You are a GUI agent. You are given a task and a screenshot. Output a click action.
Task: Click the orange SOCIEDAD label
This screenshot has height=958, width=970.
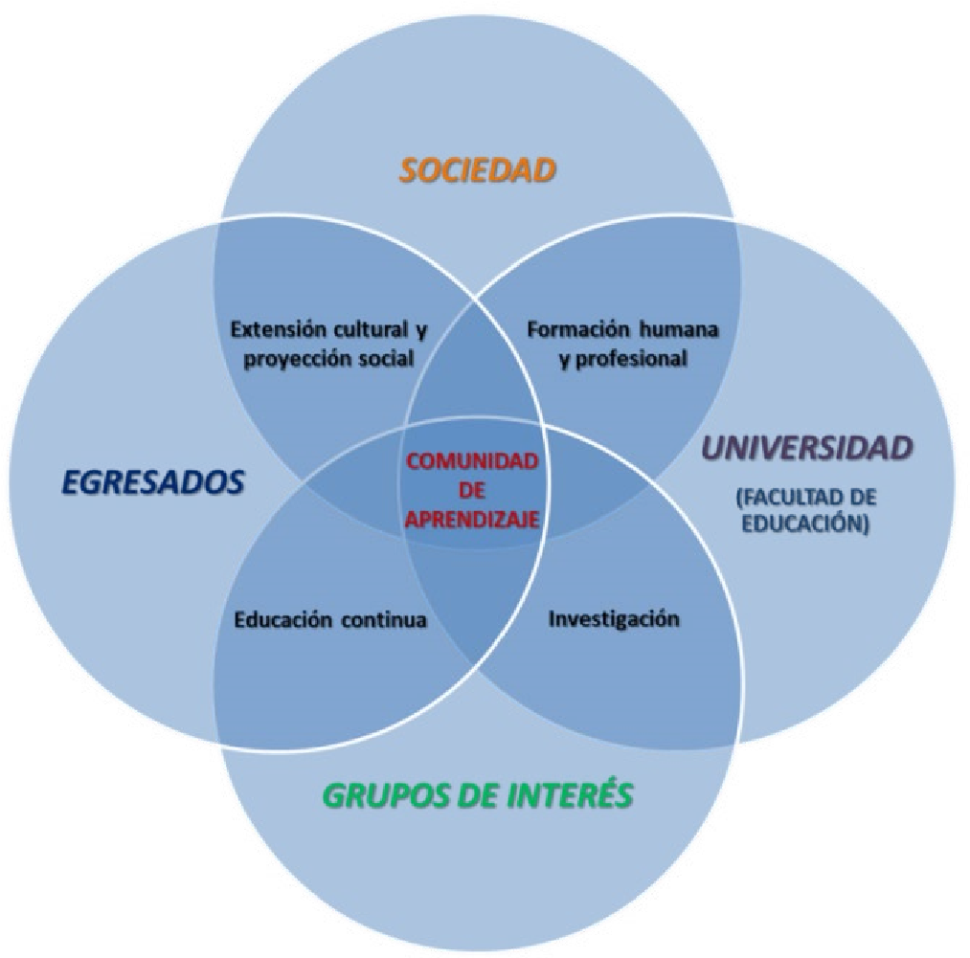pyautogui.click(x=478, y=170)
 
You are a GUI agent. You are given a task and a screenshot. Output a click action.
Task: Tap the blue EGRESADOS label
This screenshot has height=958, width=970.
pyautogui.click(x=153, y=482)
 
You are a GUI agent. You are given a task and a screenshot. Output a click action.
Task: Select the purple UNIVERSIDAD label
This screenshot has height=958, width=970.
pyautogui.click(x=808, y=447)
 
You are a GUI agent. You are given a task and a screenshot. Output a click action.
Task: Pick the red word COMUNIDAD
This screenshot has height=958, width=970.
pyautogui.click(x=472, y=460)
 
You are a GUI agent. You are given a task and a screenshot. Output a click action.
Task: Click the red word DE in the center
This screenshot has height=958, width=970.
pyautogui.click(x=472, y=489)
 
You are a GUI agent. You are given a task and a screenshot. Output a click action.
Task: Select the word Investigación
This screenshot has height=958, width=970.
pyautogui.click(x=614, y=618)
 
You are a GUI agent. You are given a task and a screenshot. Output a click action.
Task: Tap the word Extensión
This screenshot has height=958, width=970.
pyautogui.click(x=279, y=330)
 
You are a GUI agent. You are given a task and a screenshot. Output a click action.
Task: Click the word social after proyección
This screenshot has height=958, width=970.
pyautogui.click(x=385, y=360)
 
